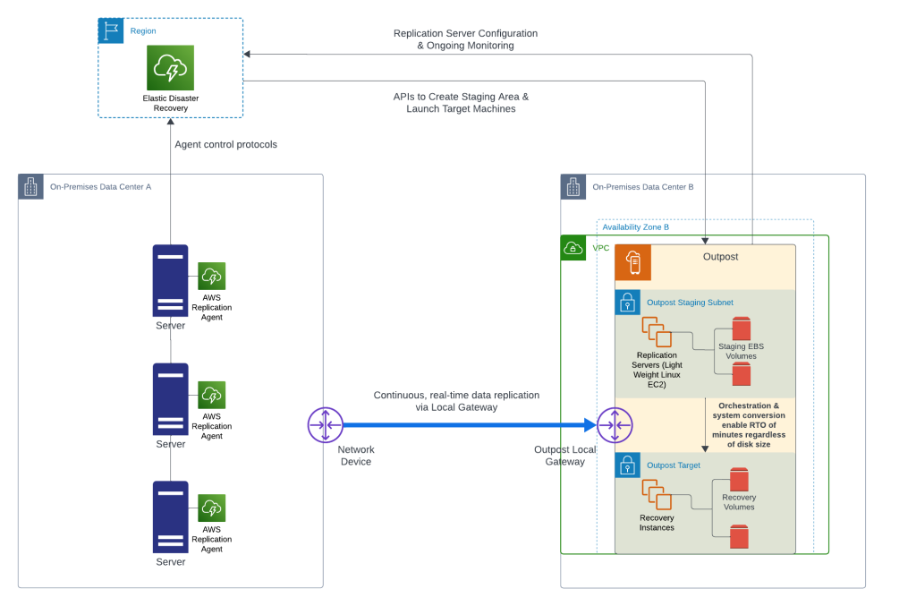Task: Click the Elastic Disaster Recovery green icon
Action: pyautogui.click(x=170, y=68)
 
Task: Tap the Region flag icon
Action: pyautogui.click(x=111, y=30)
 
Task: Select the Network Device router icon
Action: pyautogui.click(x=325, y=424)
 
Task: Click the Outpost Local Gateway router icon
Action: pyautogui.click(x=615, y=424)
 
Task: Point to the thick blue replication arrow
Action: pyautogui.click(x=465, y=424)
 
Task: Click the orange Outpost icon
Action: pyautogui.click(x=633, y=263)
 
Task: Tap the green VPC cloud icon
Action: pyautogui.click(x=572, y=248)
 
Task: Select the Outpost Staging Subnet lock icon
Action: pyautogui.click(x=627, y=303)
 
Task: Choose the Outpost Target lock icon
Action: pyautogui.click(x=627, y=465)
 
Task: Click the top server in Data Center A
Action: pyautogui.click(x=170, y=280)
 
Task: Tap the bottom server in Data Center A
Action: pyautogui.click(x=170, y=517)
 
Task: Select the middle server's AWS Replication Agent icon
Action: pyautogui.click(x=211, y=395)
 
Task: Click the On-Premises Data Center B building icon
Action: pyautogui.click(x=573, y=186)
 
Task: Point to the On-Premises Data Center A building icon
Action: pyautogui.click(x=31, y=186)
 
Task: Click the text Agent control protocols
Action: pyautogui.click(x=225, y=144)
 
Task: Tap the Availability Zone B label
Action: pyautogui.click(x=635, y=227)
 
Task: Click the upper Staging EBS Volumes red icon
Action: pyautogui.click(x=741, y=329)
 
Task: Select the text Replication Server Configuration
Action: pyautogui.click(x=465, y=33)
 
